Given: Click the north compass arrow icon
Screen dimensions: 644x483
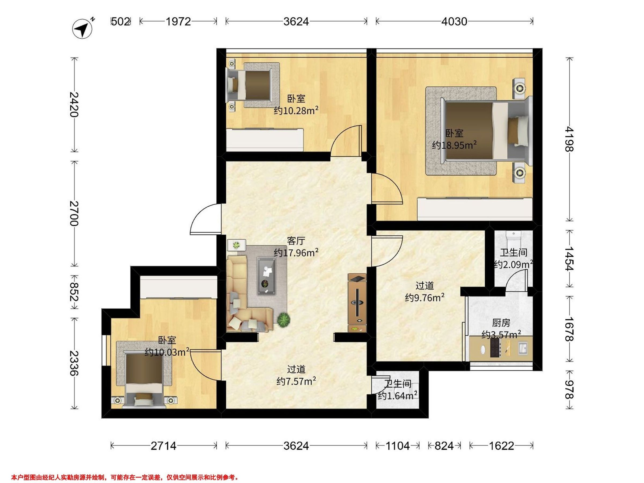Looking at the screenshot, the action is click(82, 28).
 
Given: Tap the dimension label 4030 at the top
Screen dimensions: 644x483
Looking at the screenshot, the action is click(454, 21).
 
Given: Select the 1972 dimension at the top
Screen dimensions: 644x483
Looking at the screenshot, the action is click(178, 21).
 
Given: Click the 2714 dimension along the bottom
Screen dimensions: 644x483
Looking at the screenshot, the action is click(163, 446).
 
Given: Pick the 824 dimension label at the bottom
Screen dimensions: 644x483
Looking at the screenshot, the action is click(444, 446).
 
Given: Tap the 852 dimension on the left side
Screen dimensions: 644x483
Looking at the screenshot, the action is click(75, 292).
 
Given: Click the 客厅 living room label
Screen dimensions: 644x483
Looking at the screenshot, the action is click(296, 241).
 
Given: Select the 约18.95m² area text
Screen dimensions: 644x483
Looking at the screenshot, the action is click(454, 145).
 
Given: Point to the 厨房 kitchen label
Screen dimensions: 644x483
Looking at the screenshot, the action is click(501, 323).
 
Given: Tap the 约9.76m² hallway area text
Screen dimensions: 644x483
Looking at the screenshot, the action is click(425, 298).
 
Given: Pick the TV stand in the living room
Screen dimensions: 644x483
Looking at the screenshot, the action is click(357, 303).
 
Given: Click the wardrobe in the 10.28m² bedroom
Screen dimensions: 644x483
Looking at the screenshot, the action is click(265, 140).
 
